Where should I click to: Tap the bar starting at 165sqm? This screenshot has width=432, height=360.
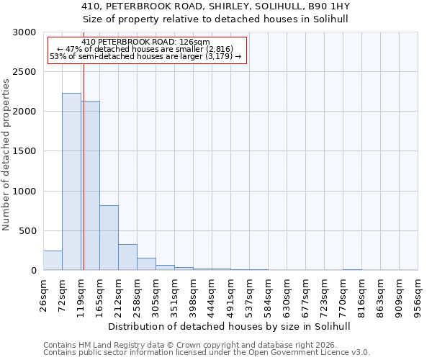click(109, 238)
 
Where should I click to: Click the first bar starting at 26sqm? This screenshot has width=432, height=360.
click(53, 261)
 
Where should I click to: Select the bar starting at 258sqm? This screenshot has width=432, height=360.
click(146, 264)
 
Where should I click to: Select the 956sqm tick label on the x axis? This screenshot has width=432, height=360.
click(418, 295)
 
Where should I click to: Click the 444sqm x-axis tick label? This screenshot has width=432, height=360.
click(212, 295)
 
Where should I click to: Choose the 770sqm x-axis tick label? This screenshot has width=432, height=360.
click(343, 295)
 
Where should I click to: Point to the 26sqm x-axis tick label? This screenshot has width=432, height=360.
click(43, 295)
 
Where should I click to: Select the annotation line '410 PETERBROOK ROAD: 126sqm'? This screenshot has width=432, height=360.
click(145, 42)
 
